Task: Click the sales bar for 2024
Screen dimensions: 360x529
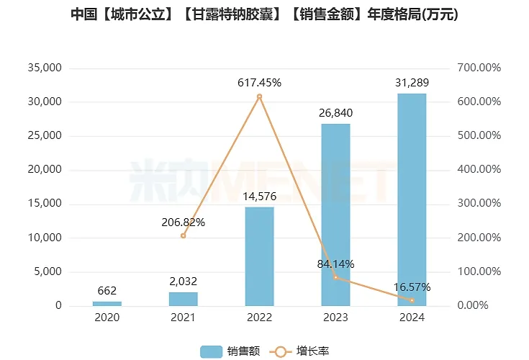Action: (x=412, y=200)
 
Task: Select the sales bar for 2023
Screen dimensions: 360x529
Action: (x=335, y=215)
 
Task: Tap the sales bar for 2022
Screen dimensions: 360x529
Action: (x=259, y=256)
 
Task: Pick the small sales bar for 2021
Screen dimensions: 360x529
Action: (x=183, y=299)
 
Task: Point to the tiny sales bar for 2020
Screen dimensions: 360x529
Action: (x=107, y=303)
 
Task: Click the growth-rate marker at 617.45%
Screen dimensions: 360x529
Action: (x=259, y=96)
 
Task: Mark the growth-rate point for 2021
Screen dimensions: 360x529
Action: (x=183, y=235)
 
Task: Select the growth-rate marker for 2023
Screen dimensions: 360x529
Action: (x=335, y=277)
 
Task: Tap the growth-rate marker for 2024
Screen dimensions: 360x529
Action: (x=412, y=300)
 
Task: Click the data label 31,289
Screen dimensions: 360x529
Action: (x=412, y=83)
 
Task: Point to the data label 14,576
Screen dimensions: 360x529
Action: (x=259, y=196)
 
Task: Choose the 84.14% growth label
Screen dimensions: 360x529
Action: (x=335, y=264)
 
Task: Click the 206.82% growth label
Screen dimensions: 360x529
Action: (x=183, y=222)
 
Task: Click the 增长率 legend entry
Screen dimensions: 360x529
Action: (x=300, y=351)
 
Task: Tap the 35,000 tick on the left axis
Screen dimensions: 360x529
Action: (x=44, y=68)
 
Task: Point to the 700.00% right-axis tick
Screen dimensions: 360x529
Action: (x=479, y=68)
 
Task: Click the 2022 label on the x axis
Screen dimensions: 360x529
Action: (x=259, y=318)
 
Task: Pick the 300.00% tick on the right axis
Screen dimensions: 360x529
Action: (x=479, y=204)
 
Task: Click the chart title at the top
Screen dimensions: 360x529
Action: (x=264, y=14)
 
